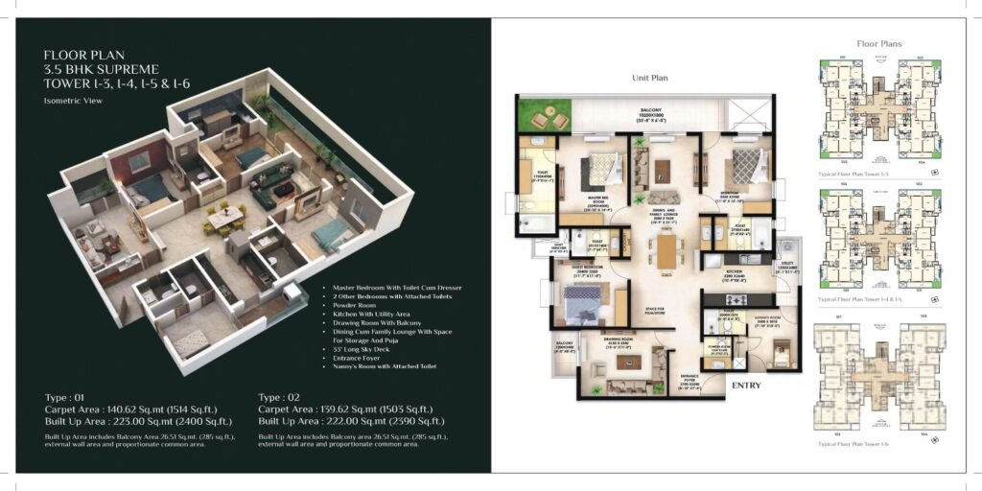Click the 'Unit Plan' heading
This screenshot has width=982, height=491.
(649, 78)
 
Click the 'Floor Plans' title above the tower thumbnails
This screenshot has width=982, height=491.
(878, 43)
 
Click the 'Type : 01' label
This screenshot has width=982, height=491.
(65, 396)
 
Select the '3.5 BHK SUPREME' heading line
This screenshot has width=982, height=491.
(101, 69)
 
